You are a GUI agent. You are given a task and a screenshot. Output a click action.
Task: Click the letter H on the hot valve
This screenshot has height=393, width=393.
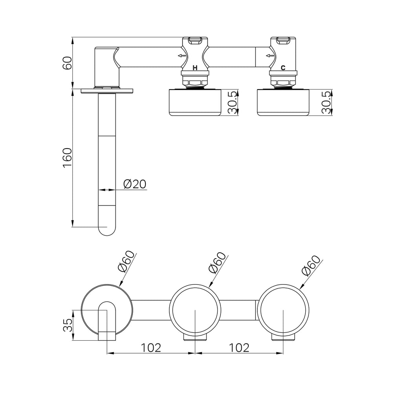click(x=195, y=68)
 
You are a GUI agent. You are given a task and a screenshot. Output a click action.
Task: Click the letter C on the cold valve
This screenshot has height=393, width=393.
click(x=283, y=68)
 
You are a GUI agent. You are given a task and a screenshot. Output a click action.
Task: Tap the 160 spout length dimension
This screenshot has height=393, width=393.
click(x=68, y=158)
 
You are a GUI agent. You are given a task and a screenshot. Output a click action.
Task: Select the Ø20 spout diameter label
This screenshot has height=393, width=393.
click(x=135, y=184)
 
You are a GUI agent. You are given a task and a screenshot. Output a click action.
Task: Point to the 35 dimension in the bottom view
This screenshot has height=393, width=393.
click(x=68, y=325)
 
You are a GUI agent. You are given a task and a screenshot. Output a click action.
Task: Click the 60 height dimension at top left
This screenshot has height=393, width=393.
click(x=68, y=63)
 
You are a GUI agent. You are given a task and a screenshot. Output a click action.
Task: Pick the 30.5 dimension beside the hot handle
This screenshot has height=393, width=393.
click(x=233, y=103)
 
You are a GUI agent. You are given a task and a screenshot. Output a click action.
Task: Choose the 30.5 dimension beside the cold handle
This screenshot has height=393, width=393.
click(x=327, y=103)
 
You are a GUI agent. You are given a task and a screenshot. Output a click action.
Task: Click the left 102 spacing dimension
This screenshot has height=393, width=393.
click(x=151, y=348)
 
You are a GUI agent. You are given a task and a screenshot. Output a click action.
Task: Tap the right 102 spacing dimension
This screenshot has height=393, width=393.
click(x=239, y=348)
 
